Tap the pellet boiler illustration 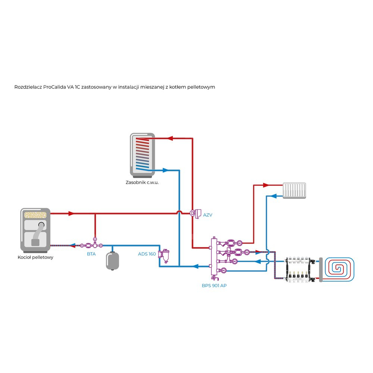click(x=35, y=229)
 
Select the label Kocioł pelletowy click(x=35, y=257)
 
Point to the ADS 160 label click(x=147, y=254)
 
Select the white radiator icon click(x=294, y=190)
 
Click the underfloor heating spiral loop click(x=341, y=269)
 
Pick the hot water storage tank click(x=142, y=154)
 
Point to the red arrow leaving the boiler click(x=71, y=213)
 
